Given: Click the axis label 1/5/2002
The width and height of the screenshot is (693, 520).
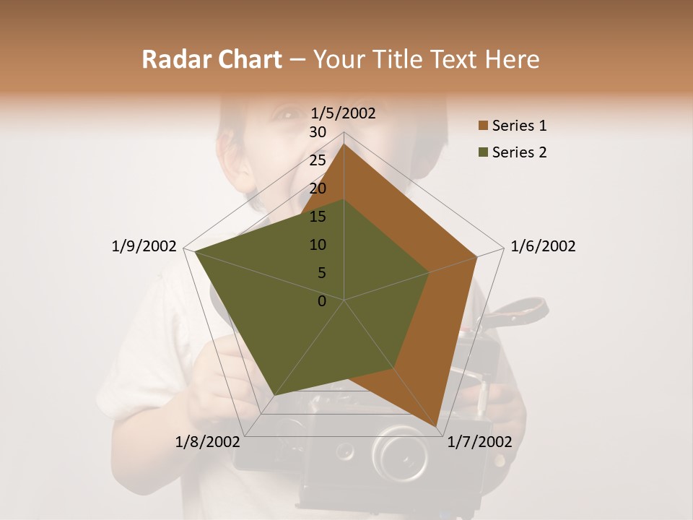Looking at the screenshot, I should [x=344, y=113].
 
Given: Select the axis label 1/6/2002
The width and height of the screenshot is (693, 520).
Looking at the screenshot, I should [x=543, y=246].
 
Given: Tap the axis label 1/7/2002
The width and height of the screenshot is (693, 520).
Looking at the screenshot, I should [x=479, y=441].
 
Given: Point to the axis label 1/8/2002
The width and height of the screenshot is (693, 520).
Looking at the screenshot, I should [x=207, y=441].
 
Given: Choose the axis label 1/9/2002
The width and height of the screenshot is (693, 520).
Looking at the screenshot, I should [x=144, y=246].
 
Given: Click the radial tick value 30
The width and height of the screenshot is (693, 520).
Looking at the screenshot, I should [x=318, y=132].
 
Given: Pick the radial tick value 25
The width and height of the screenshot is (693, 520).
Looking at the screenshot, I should [x=318, y=160].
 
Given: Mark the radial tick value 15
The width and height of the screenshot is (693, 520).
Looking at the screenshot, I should [x=318, y=217].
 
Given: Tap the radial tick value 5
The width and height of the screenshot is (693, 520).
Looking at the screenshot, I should [x=321, y=273].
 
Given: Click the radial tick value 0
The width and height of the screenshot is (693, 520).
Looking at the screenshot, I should [x=322, y=300].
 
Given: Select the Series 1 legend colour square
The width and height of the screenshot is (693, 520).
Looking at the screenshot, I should [x=483, y=126].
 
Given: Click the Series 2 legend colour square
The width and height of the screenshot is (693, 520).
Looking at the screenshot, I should [x=483, y=152].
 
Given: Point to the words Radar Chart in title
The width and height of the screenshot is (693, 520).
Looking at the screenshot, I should [x=212, y=59].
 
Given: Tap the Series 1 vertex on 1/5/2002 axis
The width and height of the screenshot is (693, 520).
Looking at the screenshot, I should [x=344, y=144].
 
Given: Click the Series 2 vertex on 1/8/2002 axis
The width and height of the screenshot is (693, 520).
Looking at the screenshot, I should [x=274, y=396].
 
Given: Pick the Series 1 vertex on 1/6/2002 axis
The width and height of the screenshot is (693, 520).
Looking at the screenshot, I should [x=477, y=256].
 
